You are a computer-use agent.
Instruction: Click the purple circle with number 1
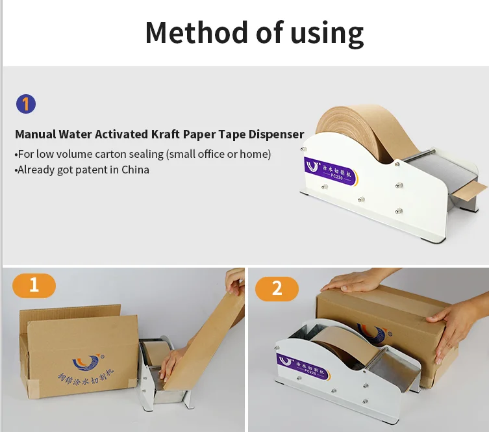pyautogui.click(x=25, y=104)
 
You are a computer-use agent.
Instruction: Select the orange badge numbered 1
pyautogui.click(x=34, y=285)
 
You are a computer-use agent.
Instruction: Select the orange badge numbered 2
pyautogui.click(x=277, y=288)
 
